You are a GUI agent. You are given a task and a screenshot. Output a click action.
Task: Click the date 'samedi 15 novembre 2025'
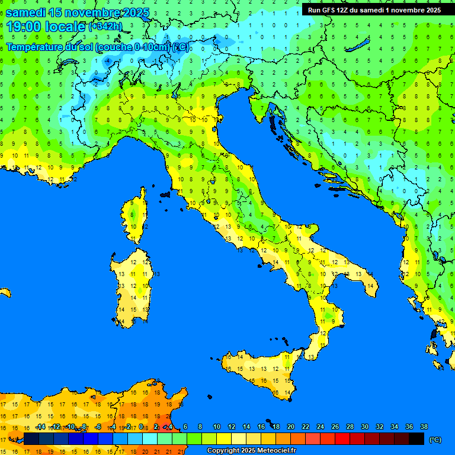[x=77, y=12]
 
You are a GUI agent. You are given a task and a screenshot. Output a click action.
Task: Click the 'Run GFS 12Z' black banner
[x=374, y=9]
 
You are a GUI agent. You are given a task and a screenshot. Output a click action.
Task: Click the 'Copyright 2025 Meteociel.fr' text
[x=251, y=451]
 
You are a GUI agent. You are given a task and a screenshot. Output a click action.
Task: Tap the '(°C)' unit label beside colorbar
[x=435, y=439]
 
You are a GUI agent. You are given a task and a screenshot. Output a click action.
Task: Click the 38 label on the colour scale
[x=424, y=427]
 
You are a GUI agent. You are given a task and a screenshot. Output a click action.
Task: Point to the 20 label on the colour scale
[x=290, y=427]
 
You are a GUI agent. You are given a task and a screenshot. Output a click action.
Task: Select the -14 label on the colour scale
[x=40, y=427]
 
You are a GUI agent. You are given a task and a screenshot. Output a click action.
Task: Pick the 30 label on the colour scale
[x=364, y=427]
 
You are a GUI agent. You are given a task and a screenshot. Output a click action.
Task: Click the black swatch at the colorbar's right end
[x=416, y=439]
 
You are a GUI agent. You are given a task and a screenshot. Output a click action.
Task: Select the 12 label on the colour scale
[x=231, y=427]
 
